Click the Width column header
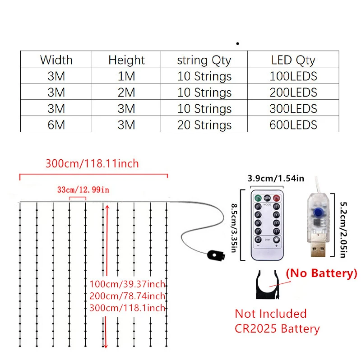pos(56,60)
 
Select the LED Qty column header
pos(293,60)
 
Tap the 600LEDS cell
pos(293,125)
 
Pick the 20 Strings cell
pos(204,125)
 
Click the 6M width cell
pos(56,125)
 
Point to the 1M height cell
pos(126,76)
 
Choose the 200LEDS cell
pos(293,93)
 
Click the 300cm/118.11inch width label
pos(92,163)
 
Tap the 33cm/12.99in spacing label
pos(83,190)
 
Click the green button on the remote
pos(259,198)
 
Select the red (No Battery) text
pos(321,273)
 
